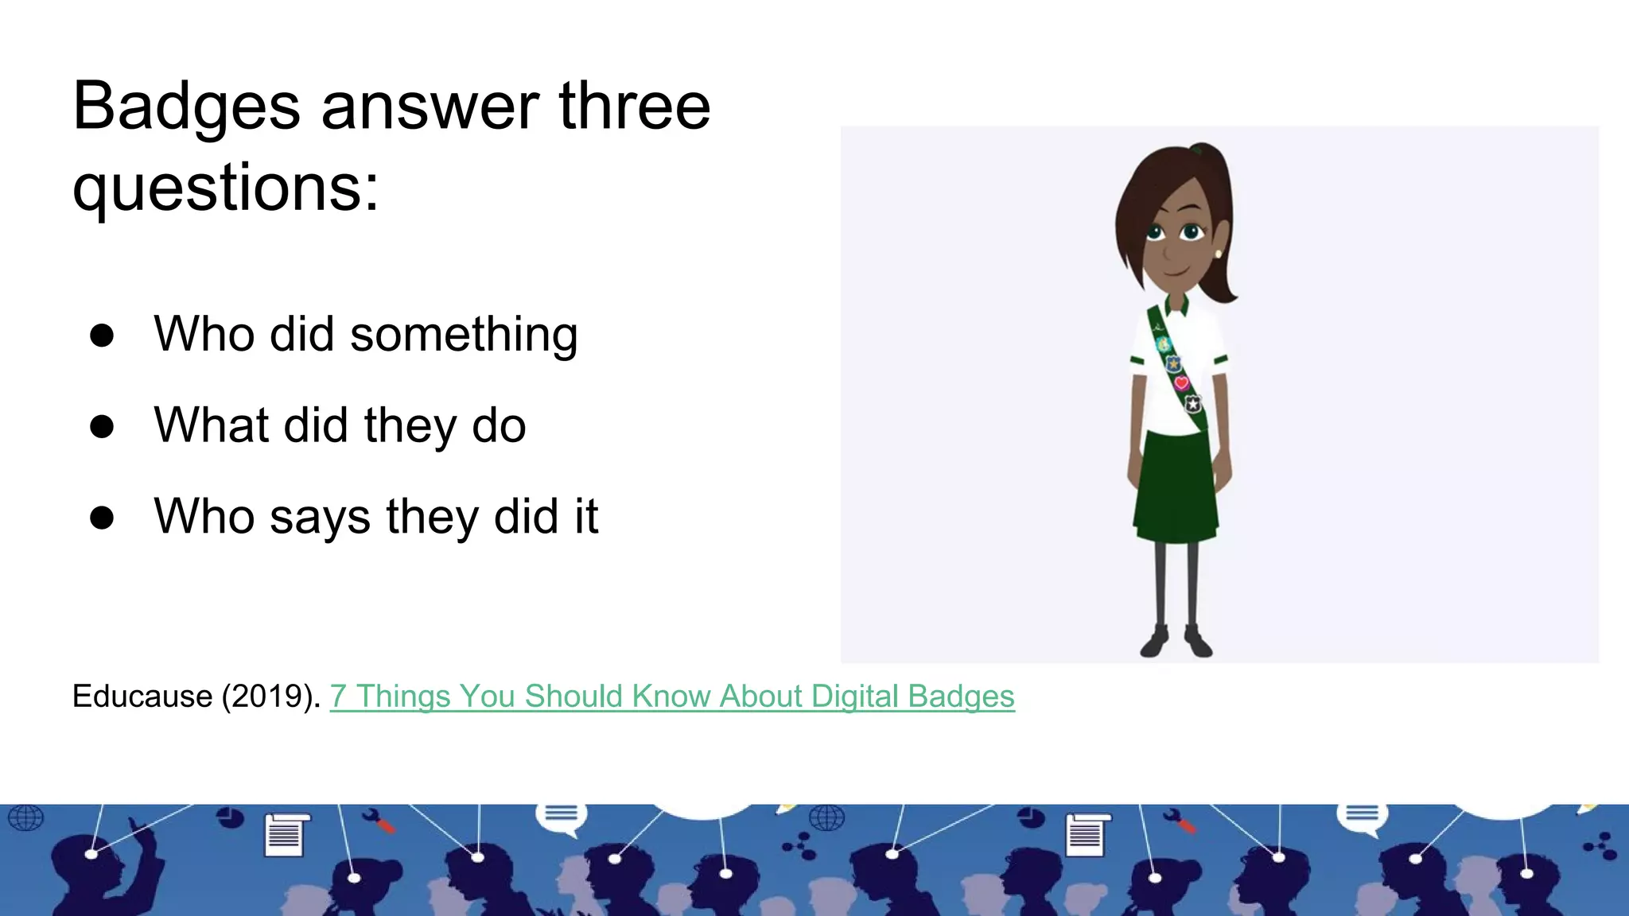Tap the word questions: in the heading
(226, 189)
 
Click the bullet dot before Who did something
(102, 336)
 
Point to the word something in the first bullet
(464, 335)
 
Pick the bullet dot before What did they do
(102, 427)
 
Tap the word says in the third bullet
(320, 517)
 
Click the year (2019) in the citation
(271, 697)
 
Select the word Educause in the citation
(142, 697)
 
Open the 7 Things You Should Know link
(672, 697)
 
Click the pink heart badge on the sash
(1181, 383)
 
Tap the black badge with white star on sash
(1192, 405)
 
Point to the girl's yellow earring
(1218, 254)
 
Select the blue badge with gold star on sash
(1173, 363)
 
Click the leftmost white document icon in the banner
(285, 834)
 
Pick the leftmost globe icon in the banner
(25, 817)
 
